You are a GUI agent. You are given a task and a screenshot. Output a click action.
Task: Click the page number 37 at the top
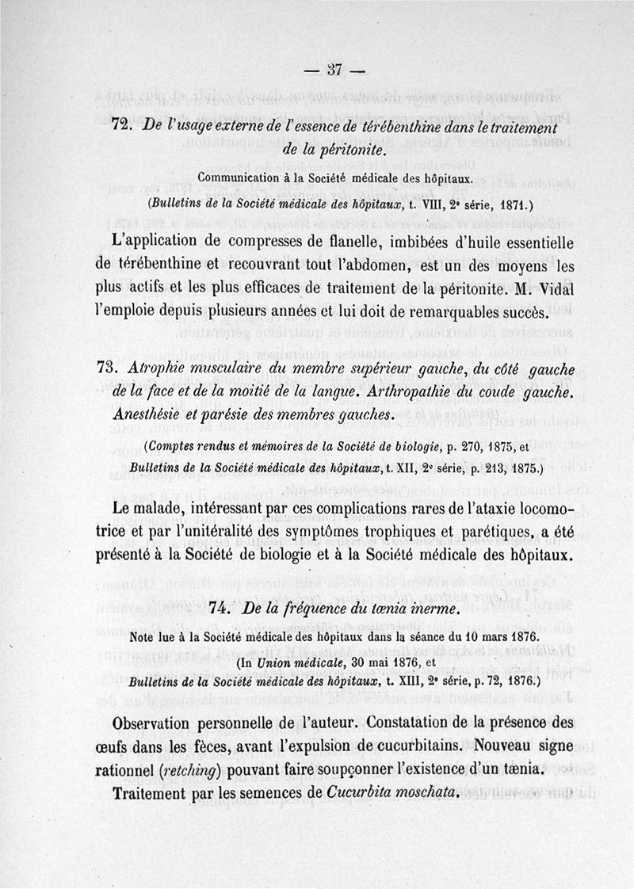pyautogui.click(x=327, y=70)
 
